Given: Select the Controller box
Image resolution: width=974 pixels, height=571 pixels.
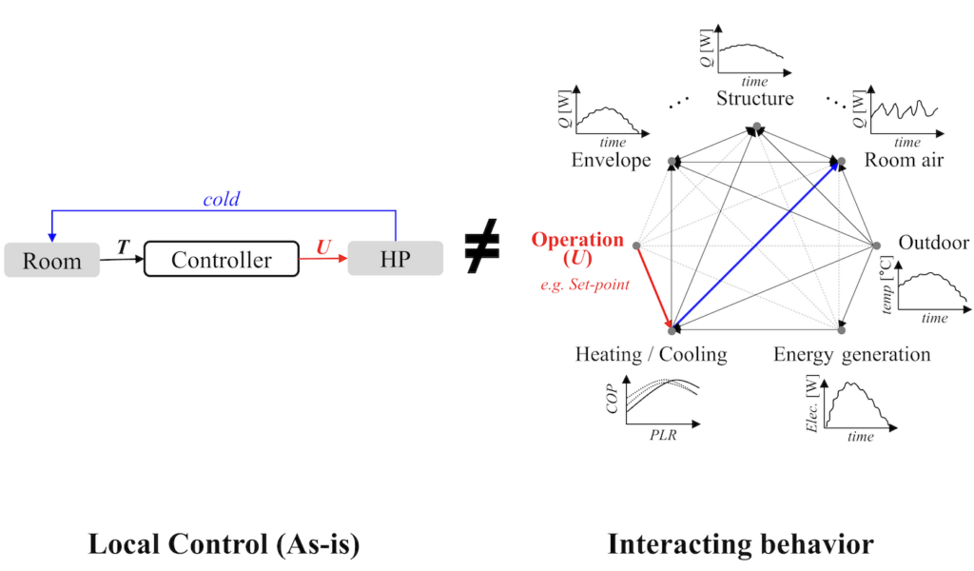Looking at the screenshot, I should pos(222,260).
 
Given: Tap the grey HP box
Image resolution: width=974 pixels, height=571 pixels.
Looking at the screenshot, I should pos(395,260).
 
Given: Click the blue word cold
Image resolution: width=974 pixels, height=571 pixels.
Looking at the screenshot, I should pos(221,201).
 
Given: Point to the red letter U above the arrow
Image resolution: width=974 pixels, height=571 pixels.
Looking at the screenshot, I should pos(323,247).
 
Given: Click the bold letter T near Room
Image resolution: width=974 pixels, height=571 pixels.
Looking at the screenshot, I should pos(122,246).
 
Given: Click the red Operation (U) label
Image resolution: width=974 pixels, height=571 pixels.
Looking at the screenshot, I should pos(578,249).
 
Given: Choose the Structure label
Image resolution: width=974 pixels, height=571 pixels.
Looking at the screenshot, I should pos(755,99).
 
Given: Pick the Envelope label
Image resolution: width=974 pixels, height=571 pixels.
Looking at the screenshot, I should pos(611,160).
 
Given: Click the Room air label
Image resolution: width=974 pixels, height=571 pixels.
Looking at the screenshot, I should pos(904,160).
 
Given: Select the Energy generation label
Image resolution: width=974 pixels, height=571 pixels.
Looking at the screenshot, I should pos(851,355).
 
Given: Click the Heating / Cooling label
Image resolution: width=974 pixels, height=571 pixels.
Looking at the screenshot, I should pos(651,355).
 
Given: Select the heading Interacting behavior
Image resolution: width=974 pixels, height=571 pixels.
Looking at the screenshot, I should pos(740,544).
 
